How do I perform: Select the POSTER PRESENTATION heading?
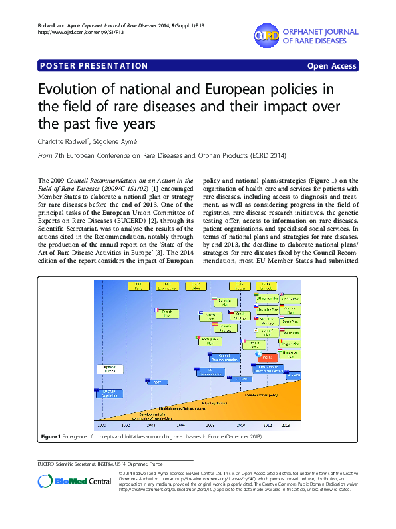(x=94, y=66)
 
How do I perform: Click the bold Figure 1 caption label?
(x=51, y=436)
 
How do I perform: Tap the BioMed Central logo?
(x=67, y=482)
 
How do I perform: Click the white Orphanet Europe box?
(x=109, y=368)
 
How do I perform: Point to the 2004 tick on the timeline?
(x=151, y=424)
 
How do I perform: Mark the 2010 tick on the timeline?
(x=241, y=424)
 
